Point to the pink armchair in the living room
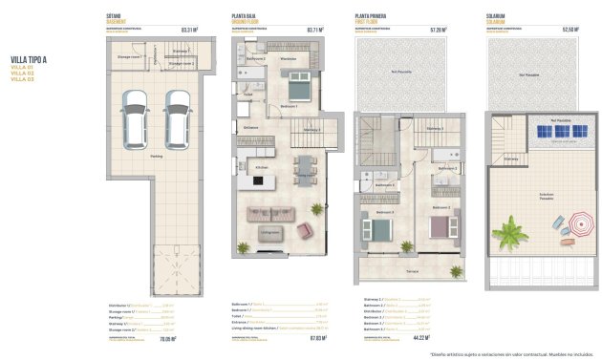(x=305, y=229)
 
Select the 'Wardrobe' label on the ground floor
(x=288, y=59)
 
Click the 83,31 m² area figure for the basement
(x=190, y=30)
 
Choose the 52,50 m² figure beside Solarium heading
(x=570, y=30)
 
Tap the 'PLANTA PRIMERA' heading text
(x=371, y=16)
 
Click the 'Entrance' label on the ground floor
(x=250, y=127)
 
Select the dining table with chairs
(x=305, y=167)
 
